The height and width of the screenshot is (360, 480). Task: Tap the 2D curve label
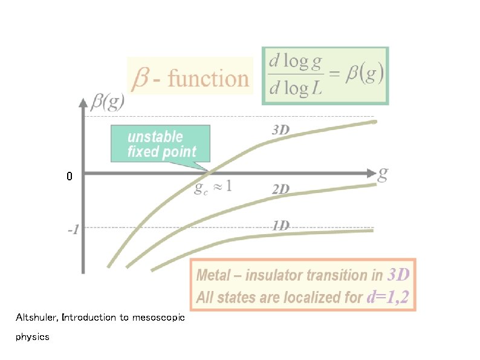[x=281, y=189]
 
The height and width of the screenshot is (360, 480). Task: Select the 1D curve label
[x=281, y=225]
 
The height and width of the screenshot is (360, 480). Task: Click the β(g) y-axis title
[x=108, y=102]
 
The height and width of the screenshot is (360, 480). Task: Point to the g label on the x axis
[x=383, y=174]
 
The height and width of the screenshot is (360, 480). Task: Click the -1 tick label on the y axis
[x=73, y=229]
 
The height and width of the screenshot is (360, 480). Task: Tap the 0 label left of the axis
[x=70, y=177]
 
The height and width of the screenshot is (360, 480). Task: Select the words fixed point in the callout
[x=161, y=152]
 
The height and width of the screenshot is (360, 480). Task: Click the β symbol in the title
[x=141, y=79]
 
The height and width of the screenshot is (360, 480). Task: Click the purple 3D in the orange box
[x=398, y=275]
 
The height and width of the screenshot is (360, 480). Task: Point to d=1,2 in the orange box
[x=388, y=297]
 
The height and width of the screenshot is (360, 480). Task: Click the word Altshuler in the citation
[x=37, y=317]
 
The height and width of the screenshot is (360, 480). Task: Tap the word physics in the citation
[x=33, y=336]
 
